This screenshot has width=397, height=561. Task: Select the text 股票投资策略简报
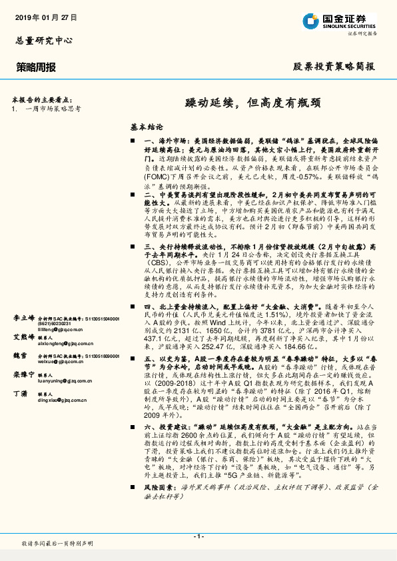pos(334,67)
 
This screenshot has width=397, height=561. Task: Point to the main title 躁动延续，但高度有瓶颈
pos(252,103)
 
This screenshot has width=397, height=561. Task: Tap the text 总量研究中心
pos(43,41)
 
